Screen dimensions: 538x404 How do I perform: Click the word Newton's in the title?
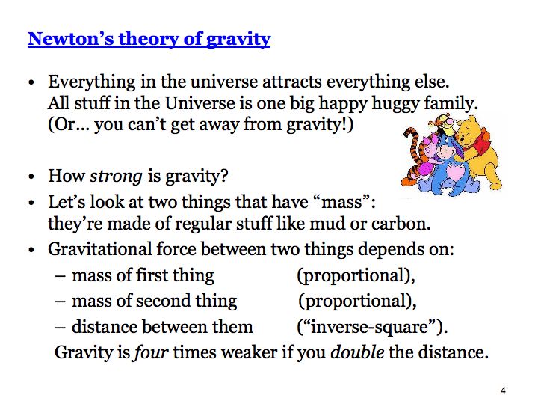[x=71, y=38]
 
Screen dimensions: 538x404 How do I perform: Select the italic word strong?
[x=116, y=177]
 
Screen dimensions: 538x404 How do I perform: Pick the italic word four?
[x=151, y=352]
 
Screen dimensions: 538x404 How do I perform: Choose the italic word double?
[x=357, y=352]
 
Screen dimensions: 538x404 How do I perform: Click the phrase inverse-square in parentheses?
[x=372, y=327]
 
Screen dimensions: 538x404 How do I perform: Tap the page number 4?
[x=503, y=391]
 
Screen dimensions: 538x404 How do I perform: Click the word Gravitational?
[x=100, y=249]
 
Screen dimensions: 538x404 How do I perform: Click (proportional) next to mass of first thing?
[x=356, y=276]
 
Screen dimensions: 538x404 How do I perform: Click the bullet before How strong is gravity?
[x=31, y=177]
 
